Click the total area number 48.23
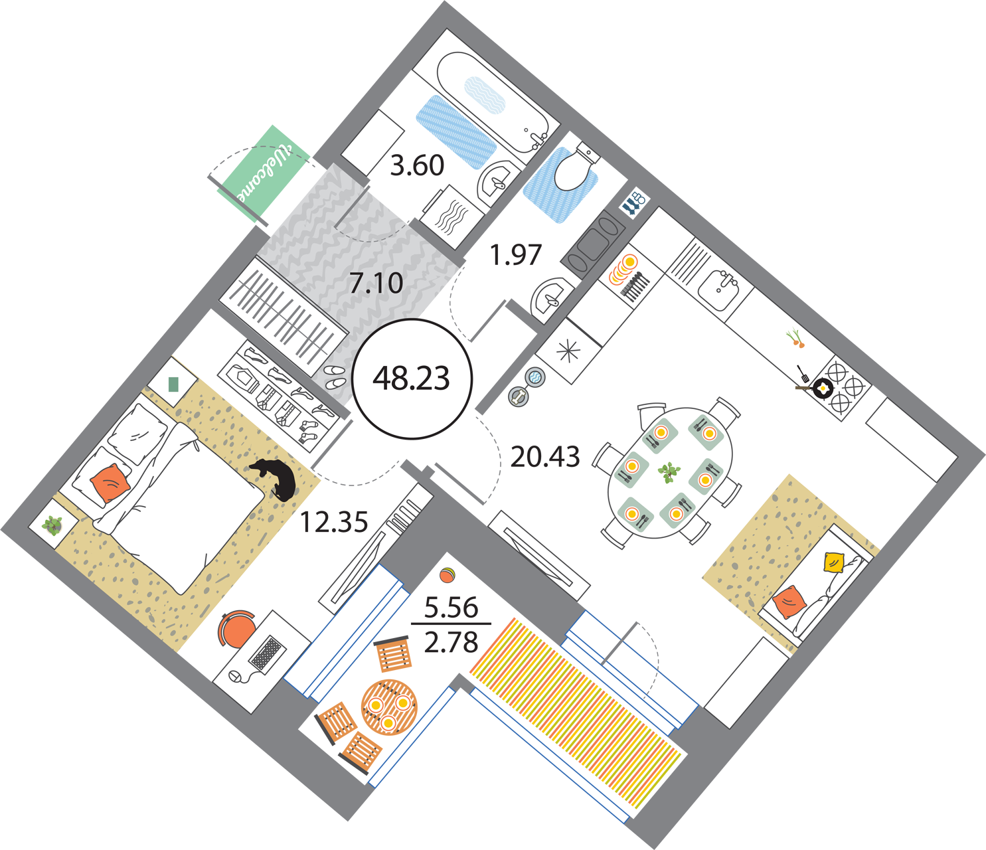[411, 379]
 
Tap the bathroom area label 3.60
[417, 165]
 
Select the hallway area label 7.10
[376, 283]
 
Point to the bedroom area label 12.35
[334, 522]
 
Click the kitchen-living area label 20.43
[545, 456]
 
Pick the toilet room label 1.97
[516, 255]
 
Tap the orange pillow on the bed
[110, 483]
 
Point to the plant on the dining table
[669, 472]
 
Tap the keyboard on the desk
[268, 653]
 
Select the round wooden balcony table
[389, 707]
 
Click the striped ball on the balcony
[448, 575]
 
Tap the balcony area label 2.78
[451, 642]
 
